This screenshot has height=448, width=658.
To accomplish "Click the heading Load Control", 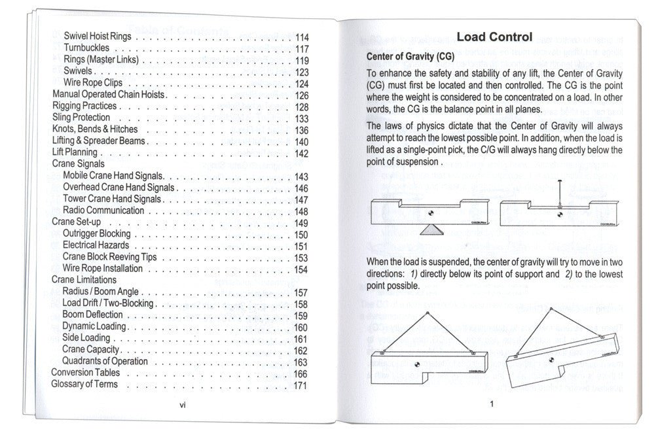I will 494,37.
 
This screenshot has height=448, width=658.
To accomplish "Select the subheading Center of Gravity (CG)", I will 410,57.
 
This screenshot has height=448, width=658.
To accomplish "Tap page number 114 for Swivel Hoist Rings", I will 302,37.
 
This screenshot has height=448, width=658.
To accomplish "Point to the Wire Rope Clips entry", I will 92,83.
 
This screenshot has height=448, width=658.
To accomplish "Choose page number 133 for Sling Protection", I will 301,118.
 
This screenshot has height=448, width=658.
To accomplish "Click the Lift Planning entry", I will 75,152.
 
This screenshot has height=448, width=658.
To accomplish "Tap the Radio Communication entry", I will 103,211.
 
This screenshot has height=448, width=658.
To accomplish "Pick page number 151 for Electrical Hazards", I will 301,246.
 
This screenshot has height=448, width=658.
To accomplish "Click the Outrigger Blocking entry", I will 96,233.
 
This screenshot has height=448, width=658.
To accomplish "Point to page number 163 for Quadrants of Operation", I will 301,362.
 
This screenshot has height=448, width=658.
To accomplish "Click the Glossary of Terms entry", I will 84,384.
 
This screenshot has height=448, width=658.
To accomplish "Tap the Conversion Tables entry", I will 85,373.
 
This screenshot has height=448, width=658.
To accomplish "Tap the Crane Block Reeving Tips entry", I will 109,257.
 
